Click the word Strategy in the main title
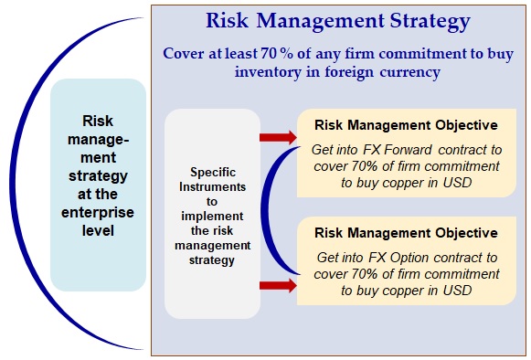(x=430, y=21)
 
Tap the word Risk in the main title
(x=227, y=20)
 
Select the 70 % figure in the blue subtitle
(x=277, y=53)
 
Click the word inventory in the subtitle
(x=268, y=72)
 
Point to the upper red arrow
(x=278, y=137)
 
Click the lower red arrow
(x=278, y=285)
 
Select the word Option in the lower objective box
(x=409, y=258)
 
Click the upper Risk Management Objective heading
(x=406, y=125)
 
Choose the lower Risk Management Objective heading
(x=406, y=233)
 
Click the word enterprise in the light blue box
(x=98, y=213)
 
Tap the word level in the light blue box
(x=98, y=230)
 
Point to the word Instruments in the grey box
(x=212, y=187)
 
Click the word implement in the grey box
(x=212, y=217)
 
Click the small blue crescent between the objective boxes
(x=268, y=210)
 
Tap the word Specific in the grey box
(x=213, y=173)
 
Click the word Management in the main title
(x=320, y=21)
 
